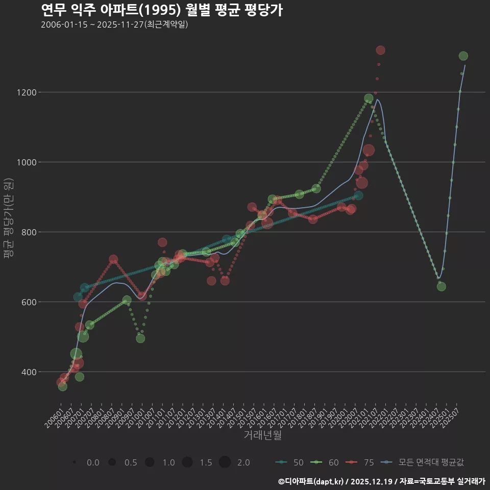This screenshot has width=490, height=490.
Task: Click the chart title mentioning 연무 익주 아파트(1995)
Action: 161,10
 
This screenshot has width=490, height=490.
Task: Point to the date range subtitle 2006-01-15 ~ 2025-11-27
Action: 114,24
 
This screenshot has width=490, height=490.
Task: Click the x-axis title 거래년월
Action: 262,435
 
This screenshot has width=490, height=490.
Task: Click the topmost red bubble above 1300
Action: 380,50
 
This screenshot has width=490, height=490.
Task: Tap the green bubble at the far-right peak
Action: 463,56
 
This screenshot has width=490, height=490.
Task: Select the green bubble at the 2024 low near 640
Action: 442,286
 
